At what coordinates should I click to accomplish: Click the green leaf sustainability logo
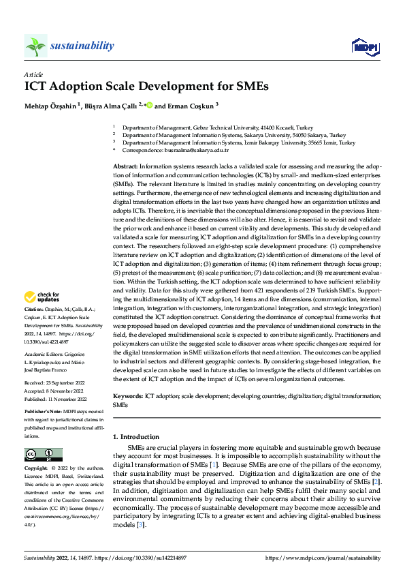tap(35, 46)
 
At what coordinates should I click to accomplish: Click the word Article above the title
tap(33, 74)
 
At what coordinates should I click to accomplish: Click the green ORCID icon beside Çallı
tap(149, 106)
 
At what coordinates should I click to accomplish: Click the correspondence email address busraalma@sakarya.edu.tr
tap(185, 151)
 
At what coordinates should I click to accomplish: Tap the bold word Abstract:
tap(125, 166)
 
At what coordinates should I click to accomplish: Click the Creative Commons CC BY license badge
tap(43, 455)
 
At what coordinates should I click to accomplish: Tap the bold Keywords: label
tap(127, 396)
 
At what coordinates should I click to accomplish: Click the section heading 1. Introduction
tap(136, 436)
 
